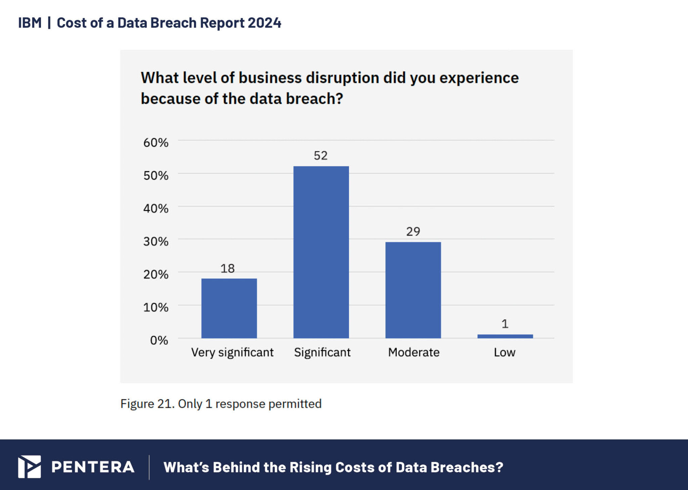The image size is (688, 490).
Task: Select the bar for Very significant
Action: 229,308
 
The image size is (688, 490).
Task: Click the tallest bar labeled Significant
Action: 321,252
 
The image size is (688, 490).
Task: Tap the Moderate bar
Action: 413,290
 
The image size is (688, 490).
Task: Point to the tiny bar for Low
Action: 505,336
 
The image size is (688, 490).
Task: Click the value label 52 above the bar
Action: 320,155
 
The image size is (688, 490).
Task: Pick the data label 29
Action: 413,231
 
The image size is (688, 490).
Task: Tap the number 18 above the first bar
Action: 227,268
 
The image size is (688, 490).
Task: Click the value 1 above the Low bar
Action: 505,324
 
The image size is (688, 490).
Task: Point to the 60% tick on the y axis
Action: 156,143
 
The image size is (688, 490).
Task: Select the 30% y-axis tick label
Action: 156,241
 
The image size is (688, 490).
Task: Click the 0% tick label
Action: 159,340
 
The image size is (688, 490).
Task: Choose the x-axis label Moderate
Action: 414,352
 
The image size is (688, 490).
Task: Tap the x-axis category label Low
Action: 504,352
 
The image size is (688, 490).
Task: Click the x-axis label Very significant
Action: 232,352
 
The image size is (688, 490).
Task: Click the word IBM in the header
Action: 30,23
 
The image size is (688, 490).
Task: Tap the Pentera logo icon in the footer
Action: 30,467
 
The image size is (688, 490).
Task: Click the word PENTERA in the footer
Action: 93,467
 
